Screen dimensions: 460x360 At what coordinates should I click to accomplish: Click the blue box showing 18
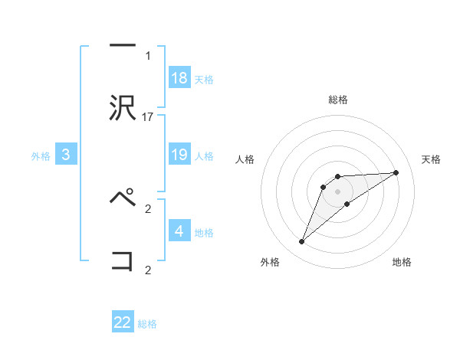[179, 77]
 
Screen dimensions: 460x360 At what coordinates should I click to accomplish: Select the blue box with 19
[179, 155]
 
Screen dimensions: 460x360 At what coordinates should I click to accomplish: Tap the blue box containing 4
[179, 231]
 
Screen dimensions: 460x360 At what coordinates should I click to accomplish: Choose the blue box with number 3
[66, 155]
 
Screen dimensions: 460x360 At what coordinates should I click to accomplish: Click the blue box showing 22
[123, 322]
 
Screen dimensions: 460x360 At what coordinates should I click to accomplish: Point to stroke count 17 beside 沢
[149, 117]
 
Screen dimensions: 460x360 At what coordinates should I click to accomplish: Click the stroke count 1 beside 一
[148, 55]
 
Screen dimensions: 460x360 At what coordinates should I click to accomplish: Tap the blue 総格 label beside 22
[147, 324]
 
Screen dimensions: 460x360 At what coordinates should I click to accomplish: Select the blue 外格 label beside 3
[41, 156]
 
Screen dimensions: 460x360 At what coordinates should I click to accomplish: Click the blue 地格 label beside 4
[204, 232]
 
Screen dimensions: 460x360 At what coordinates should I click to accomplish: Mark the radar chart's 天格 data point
[396, 172]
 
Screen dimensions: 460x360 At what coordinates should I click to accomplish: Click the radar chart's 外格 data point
[301, 242]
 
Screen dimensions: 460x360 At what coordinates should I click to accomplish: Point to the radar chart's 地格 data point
[347, 204]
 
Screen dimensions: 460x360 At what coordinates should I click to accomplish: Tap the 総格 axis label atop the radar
[338, 100]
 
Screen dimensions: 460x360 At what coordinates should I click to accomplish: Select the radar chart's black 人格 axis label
[245, 159]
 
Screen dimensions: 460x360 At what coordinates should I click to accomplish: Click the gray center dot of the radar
[337, 191]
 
